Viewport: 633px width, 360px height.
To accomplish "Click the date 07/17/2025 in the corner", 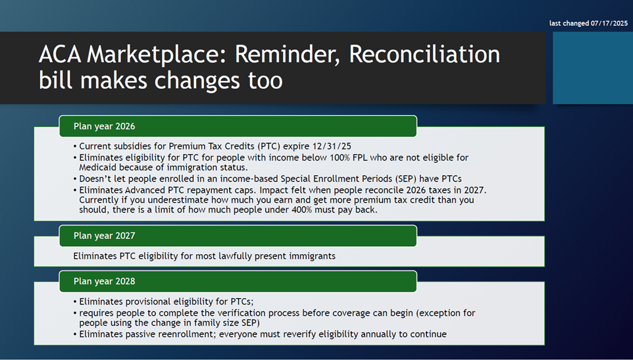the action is [609, 24].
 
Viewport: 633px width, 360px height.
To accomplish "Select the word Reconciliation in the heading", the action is [424, 54].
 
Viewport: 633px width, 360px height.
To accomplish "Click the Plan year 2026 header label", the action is [104, 126].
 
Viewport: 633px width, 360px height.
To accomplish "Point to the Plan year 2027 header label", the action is [104, 236].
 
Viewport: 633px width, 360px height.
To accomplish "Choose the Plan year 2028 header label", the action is [104, 281].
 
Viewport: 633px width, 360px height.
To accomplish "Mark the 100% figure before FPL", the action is [340, 157].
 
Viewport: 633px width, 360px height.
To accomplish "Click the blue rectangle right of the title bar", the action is [593, 68].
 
